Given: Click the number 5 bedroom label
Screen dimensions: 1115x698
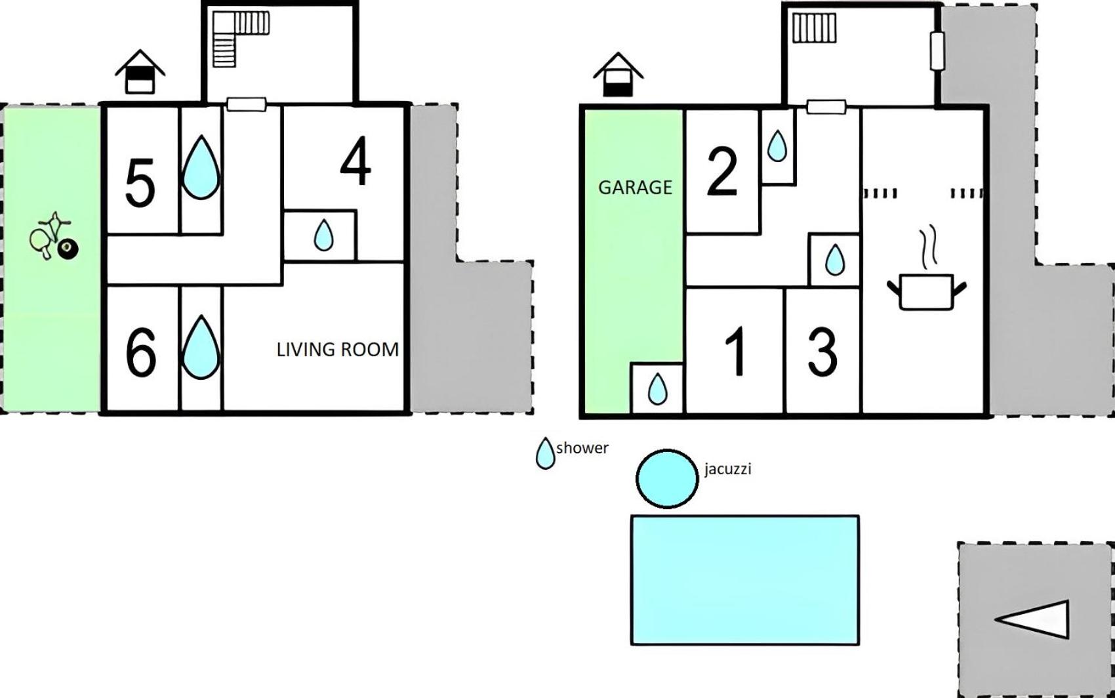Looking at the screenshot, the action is tap(140, 183).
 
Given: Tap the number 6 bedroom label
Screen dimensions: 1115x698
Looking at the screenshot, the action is tap(141, 352).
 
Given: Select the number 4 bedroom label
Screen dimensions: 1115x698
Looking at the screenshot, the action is tap(355, 161).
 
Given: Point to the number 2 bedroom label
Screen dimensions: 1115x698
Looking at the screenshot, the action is tap(721, 172).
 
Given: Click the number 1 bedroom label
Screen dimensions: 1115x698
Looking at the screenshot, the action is tap(736, 352).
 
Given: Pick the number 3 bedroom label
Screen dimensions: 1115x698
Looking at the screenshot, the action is tap(822, 352).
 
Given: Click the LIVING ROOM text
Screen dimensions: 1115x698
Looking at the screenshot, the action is tap(338, 350).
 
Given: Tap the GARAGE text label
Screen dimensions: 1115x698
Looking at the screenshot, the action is tap(635, 188).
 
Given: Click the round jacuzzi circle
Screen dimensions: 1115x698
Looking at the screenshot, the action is tap(667, 479).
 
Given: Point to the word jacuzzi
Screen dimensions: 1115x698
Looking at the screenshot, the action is tap(727, 470).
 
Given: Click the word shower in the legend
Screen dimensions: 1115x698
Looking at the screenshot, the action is tap(582, 448).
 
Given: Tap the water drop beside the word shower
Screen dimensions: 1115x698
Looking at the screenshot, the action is tap(545, 454).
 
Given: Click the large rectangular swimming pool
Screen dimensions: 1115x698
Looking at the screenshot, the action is tap(745, 580).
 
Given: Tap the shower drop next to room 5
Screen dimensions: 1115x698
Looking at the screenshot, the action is tap(201, 167).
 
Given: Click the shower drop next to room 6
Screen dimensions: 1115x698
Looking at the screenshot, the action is tap(201, 347).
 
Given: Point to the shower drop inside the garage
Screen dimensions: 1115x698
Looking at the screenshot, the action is tap(657, 389).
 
